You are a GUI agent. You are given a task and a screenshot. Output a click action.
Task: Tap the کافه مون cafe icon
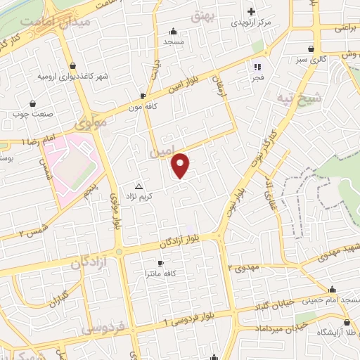[143, 96]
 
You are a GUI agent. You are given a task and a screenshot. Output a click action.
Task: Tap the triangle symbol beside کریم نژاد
[138, 187]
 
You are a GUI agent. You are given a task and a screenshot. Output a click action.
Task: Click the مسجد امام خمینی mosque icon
[333, 290]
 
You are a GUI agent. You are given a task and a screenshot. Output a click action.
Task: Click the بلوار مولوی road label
[115, 211]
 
